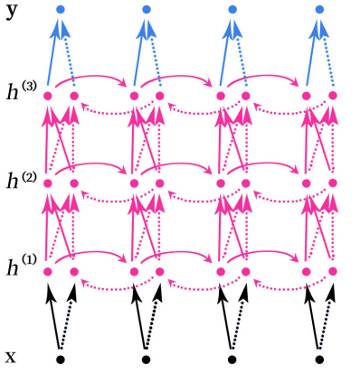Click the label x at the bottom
coord(10,357)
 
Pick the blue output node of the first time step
coord(61,9)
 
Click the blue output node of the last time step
coord(319,9)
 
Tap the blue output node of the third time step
coord(233,9)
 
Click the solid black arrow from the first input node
coord(53,316)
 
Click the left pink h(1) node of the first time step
coord(48,270)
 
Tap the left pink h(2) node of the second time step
coord(134,182)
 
